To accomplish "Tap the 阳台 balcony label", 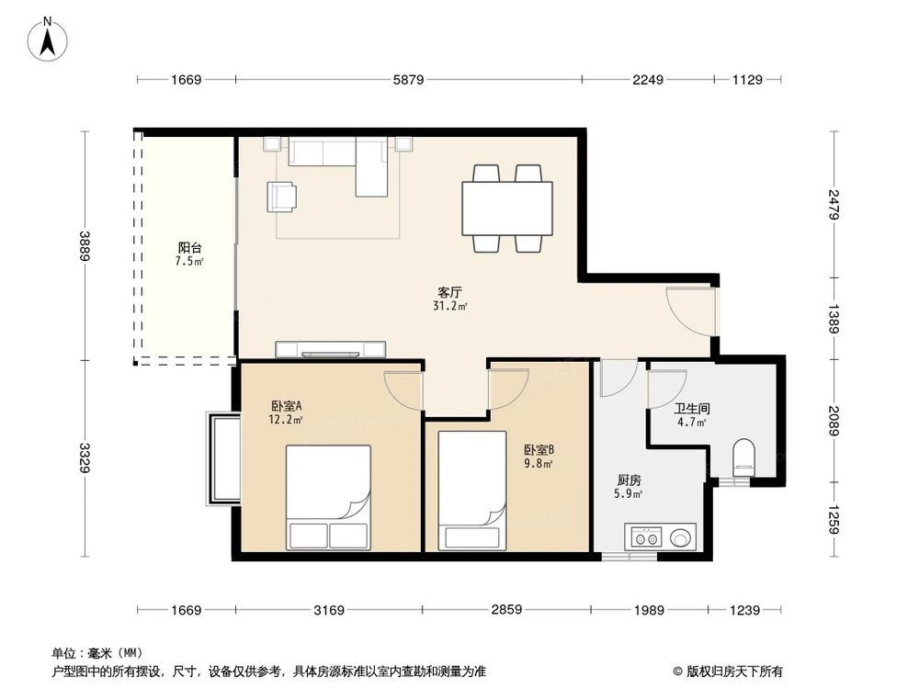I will pyautogui.click(x=190, y=248).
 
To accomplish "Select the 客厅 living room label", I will pyautogui.click(x=450, y=291).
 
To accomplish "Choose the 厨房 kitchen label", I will pyautogui.click(x=629, y=480).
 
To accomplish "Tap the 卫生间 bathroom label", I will pyautogui.click(x=691, y=409).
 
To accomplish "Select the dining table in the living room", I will pyautogui.click(x=506, y=209).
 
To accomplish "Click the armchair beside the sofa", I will pyautogui.click(x=282, y=196).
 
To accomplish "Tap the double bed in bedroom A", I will pyautogui.click(x=328, y=496).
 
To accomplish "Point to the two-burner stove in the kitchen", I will pyautogui.click(x=642, y=537).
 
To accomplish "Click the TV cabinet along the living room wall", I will pyautogui.click(x=331, y=348).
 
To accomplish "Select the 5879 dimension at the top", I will pyautogui.click(x=408, y=80).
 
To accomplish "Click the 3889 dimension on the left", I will pyautogui.click(x=85, y=246).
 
